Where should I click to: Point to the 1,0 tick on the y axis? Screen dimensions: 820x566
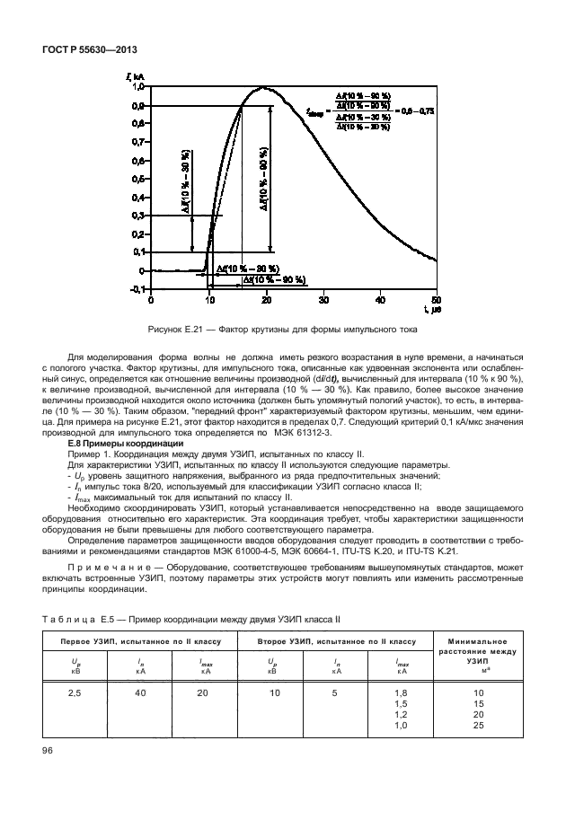[x=137, y=87]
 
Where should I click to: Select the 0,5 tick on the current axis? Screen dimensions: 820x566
[x=137, y=179]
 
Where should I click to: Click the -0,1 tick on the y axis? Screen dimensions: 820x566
[x=137, y=289]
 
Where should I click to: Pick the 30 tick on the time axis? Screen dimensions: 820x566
[x=323, y=300]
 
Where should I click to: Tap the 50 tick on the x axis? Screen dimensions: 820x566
[x=437, y=300]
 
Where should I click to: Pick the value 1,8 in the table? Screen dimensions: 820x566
[x=402, y=694]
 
